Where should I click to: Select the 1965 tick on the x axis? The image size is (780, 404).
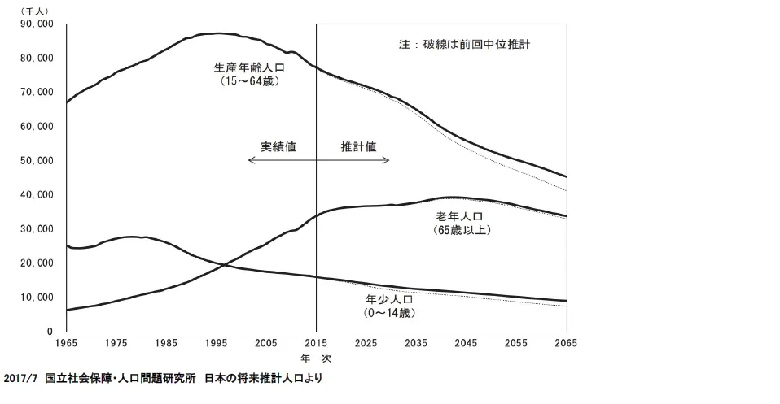point(66,343)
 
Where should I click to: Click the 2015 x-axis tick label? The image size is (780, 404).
point(316,343)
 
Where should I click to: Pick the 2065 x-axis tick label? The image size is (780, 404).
point(566,343)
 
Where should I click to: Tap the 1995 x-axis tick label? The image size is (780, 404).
point(216,343)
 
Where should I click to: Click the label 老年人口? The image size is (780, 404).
point(460,216)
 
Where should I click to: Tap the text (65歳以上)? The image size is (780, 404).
point(461,230)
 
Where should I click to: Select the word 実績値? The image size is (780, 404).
point(278,147)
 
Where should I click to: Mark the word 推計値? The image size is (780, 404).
point(359,147)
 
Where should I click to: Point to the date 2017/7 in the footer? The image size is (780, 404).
point(20,379)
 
